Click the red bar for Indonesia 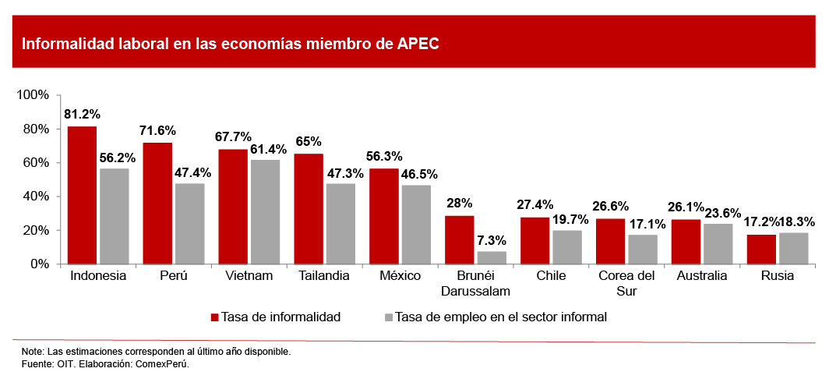click(82, 195)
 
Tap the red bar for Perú click(157, 204)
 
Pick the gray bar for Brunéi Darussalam click(492, 257)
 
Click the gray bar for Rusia click(793, 248)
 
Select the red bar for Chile click(534, 240)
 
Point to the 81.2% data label click(82, 114)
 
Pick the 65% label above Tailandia click(308, 141)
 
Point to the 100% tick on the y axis click(34, 95)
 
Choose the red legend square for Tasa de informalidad click(214, 317)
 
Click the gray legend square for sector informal click(389, 317)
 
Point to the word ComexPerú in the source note click(163, 363)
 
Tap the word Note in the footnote click(33, 352)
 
